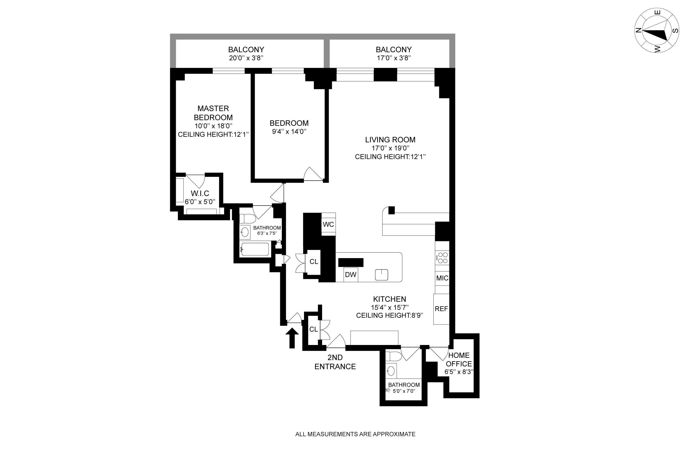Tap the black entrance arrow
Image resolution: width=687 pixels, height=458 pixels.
click(x=292, y=338)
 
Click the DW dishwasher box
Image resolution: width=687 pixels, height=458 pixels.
click(x=351, y=275)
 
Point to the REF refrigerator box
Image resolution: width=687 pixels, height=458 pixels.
click(x=441, y=309)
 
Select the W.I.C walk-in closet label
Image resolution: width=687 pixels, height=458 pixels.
click(x=200, y=193)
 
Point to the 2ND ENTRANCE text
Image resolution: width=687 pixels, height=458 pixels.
click(x=335, y=362)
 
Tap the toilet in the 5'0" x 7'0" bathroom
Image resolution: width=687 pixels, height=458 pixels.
click(x=390, y=356)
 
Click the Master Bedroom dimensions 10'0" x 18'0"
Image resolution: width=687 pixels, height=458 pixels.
click(x=213, y=126)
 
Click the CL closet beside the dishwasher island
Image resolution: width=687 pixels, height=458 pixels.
click(x=314, y=262)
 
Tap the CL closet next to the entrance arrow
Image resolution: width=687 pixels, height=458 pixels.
click(x=313, y=329)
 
